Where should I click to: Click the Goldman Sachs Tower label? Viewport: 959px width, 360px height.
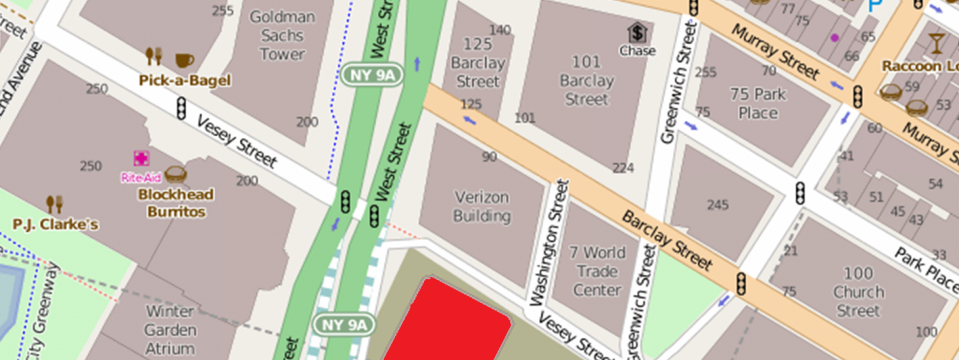(x=282, y=36)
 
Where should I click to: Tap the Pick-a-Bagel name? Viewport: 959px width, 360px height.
(x=185, y=81)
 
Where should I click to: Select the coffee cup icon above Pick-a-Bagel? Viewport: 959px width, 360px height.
(x=184, y=59)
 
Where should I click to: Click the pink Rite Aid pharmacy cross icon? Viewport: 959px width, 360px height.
(x=141, y=159)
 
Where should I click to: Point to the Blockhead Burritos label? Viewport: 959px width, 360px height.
(x=176, y=203)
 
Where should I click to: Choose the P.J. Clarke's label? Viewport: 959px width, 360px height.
(x=56, y=224)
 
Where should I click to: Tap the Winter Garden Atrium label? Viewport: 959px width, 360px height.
(x=170, y=330)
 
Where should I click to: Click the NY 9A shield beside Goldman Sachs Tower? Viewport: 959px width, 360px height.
(x=373, y=75)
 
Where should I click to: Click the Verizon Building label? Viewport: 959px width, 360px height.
(x=482, y=207)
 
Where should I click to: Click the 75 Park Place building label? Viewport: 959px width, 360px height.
(x=758, y=104)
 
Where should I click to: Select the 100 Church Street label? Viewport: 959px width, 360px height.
(x=858, y=292)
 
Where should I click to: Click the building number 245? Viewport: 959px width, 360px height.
(x=718, y=205)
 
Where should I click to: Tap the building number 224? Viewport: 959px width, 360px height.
(x=623, y=168)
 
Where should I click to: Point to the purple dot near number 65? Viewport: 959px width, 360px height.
(x=834, y=38)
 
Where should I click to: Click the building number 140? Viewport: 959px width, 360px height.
(x=500, y=30)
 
